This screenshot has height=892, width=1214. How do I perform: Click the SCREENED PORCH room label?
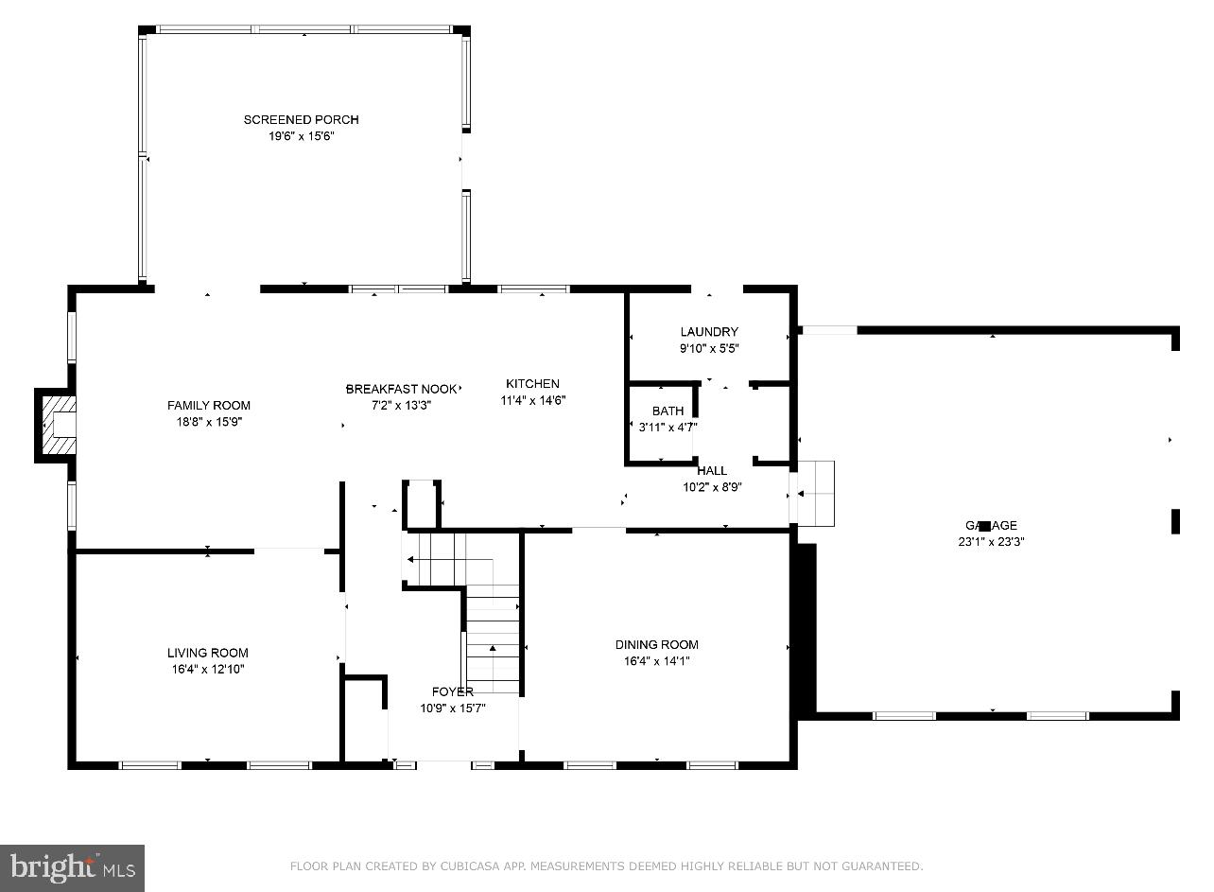[x=301, y=120]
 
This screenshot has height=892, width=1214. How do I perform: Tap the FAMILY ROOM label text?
[x=209, y=406]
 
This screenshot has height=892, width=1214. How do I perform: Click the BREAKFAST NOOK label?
[x=401, y=389]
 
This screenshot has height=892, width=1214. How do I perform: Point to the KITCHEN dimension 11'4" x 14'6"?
[x=532, y=400]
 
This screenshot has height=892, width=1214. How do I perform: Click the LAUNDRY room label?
[x=709, y=332]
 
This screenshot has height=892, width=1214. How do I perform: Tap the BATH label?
[x=668, y=411]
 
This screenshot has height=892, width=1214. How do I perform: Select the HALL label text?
[x=712, y=471]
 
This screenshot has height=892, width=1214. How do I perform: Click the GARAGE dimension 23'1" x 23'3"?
[x=991, y=542]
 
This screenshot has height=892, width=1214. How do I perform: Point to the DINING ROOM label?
[x=656, y=645]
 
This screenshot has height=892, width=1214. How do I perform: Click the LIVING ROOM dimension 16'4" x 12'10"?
[x=208, y=669]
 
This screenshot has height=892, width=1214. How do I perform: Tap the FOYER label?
[x=453, y=691]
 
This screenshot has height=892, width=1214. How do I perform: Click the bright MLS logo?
[x=73, y=868]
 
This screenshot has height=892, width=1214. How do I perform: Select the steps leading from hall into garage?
[x=815, y=493]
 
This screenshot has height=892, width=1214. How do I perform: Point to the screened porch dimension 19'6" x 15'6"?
[x=301, y=136]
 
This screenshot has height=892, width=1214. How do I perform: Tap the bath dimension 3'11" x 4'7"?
[x=668, y=427]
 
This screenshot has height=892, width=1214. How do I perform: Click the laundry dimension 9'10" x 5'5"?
[x=709, y=348]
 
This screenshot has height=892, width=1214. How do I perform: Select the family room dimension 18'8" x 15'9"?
[x=209, y=422]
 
